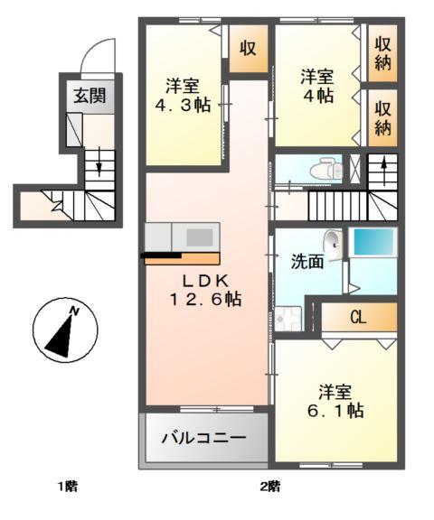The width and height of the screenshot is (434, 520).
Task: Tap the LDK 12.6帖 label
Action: pos(206,289)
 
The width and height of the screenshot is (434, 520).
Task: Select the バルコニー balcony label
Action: pos(203,440)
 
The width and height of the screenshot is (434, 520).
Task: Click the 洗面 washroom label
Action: pos(307,263)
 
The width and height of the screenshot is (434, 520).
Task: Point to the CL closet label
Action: pos(358,317)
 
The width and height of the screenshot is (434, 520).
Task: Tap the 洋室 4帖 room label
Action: pos(319,87)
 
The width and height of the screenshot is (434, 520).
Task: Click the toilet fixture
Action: pos(321,169)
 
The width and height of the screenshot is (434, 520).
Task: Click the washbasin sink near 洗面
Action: pos(334,241)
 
